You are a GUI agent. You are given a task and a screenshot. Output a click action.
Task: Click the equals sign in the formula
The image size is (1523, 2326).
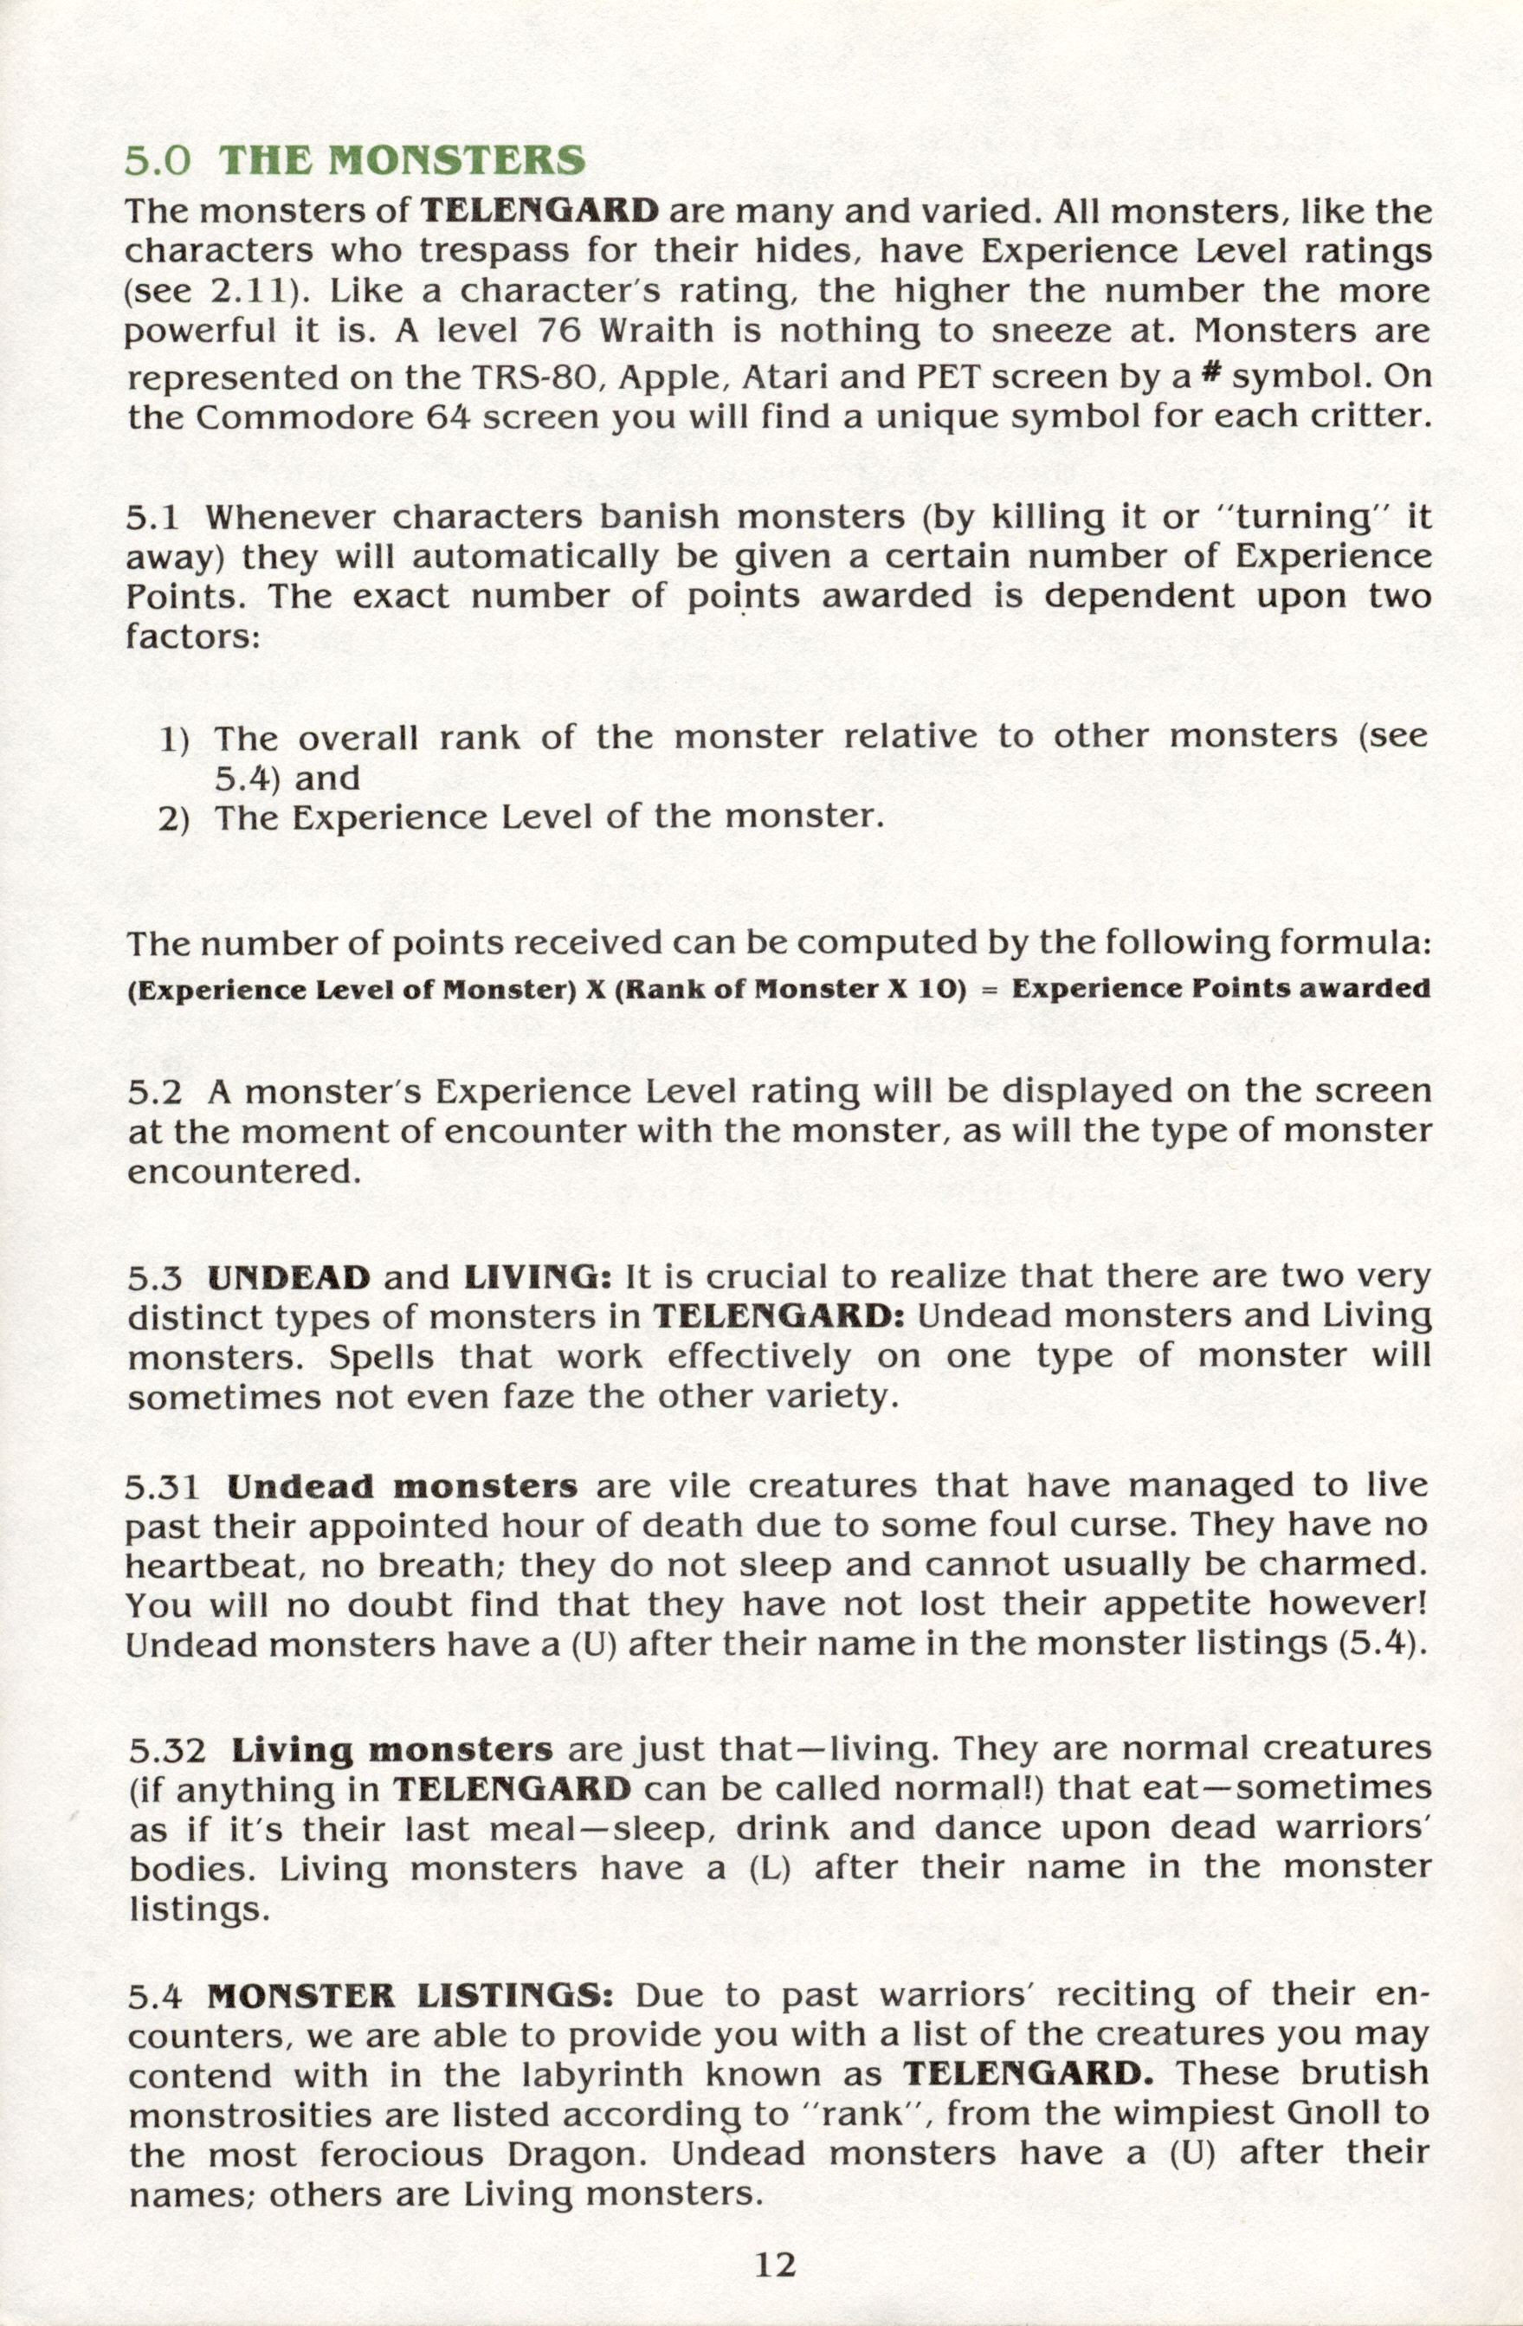pos(988,989)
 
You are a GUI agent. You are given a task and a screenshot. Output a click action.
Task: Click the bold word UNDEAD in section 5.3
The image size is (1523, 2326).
pos(289,1277)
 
